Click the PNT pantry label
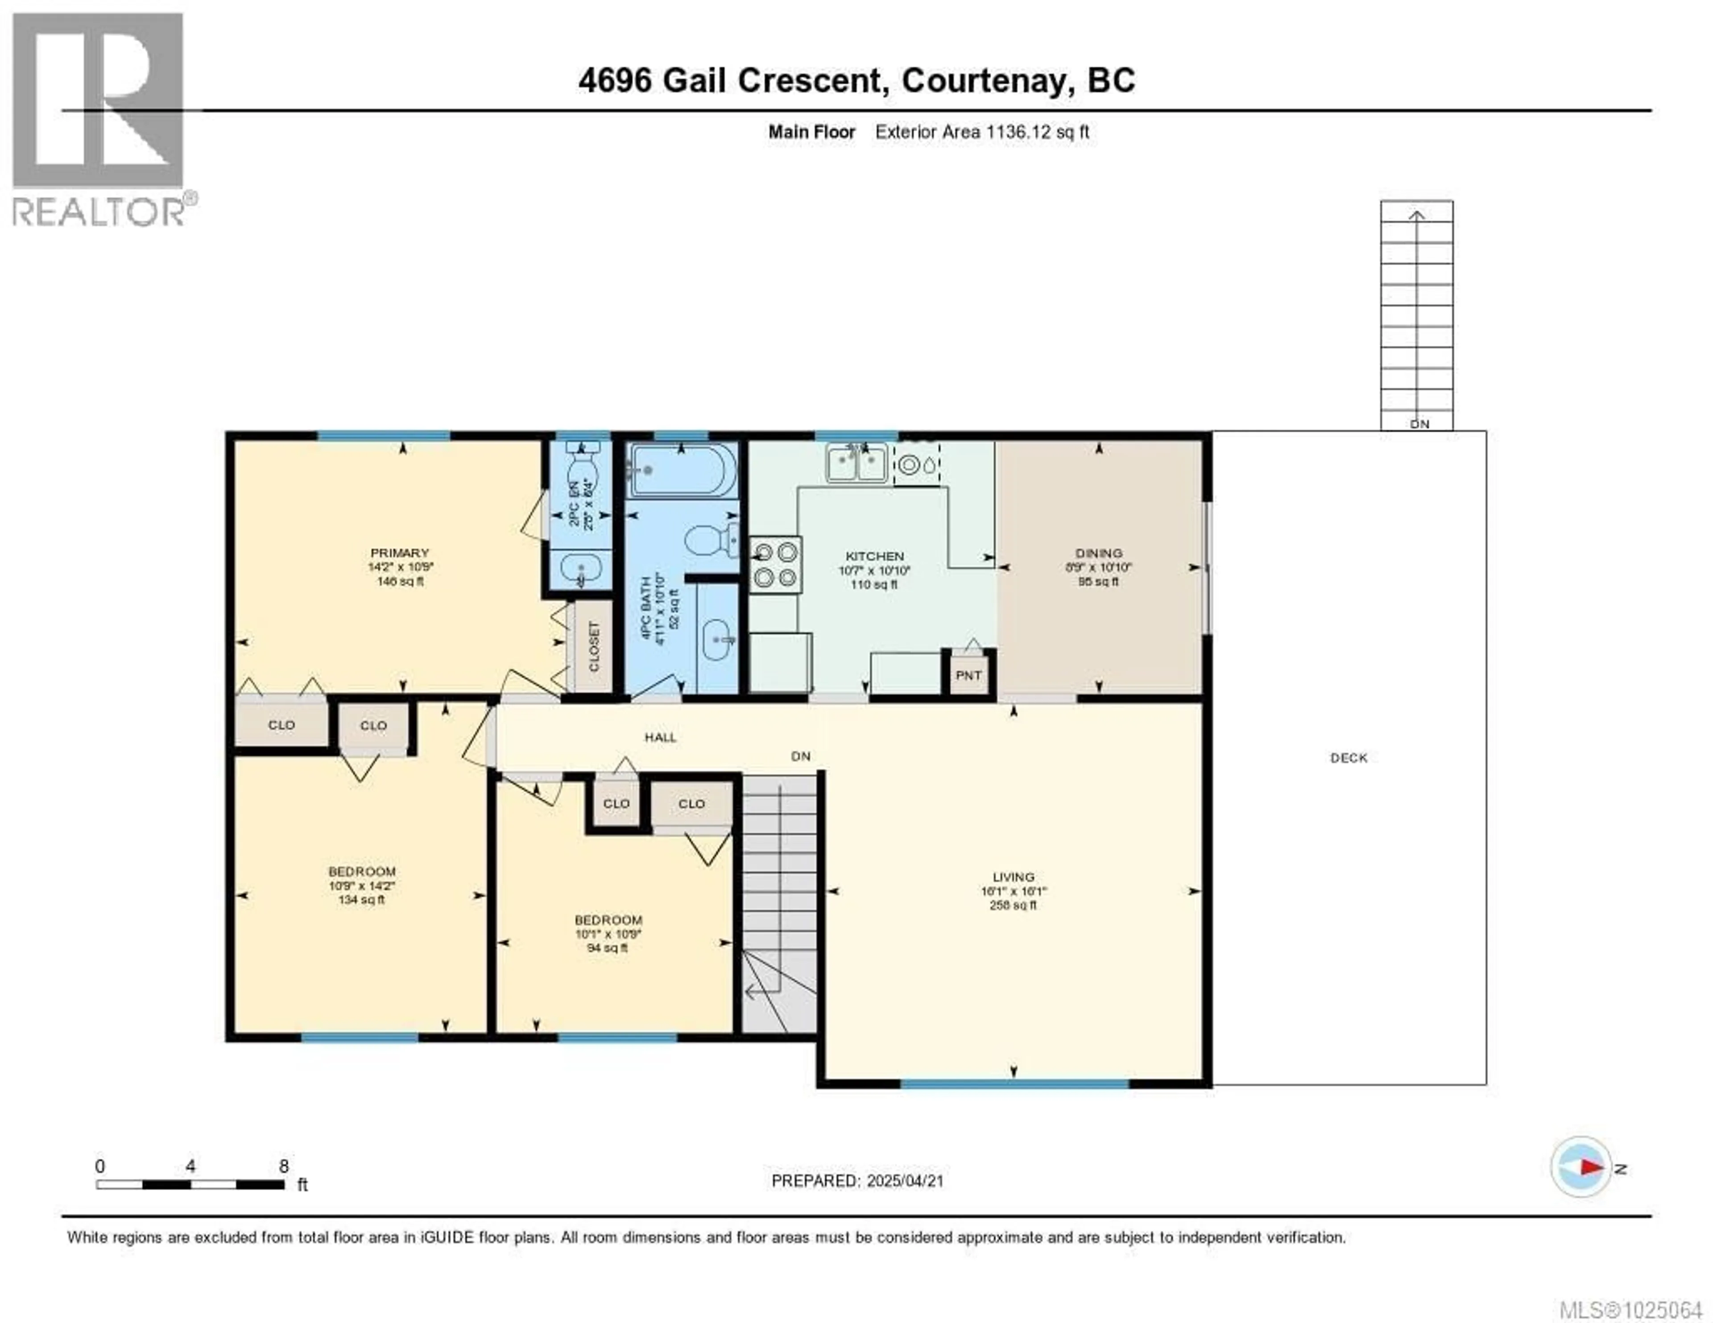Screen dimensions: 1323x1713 [968, 675]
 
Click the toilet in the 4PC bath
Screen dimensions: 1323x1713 [708, 540]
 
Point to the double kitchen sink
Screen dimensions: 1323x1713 [856, 462]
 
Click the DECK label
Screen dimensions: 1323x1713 [1349, 757]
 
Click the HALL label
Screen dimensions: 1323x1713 [660, 737]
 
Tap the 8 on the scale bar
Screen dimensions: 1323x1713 [283, 1166]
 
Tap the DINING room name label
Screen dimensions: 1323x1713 [1099, 553]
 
